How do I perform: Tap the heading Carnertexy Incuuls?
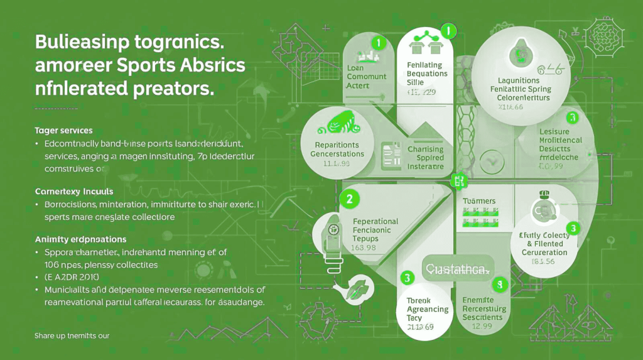click(73, 190)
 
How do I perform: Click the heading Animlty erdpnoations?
click(80, 239)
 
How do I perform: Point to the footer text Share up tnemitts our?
click(72, 335)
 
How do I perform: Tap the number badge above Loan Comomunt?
click(377, 43)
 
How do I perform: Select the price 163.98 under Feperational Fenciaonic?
click(364, 247)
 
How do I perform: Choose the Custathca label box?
click(458, 269)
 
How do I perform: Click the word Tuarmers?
click(478, 201)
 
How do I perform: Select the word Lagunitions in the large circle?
click(519, 81)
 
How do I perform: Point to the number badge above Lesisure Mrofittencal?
click(571, 117)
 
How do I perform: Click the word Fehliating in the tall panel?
click(424, 65)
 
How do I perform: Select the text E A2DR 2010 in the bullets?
click(72, 276)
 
